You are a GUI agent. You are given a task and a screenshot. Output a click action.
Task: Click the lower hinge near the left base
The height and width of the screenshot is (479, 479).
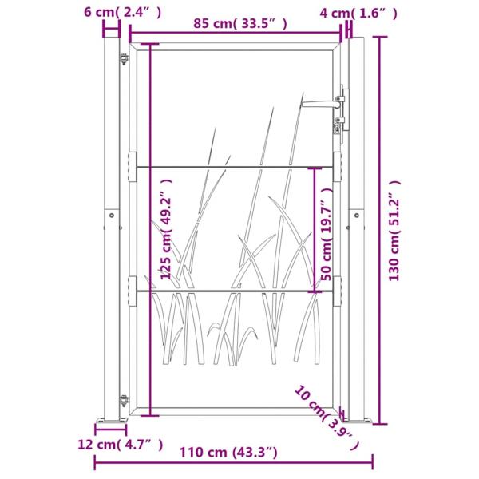point(124,399)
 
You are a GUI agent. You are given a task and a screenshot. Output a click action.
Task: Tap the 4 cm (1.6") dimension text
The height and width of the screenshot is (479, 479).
point(358,13)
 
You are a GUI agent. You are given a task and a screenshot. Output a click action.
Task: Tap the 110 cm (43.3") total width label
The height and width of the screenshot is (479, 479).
point(232,453)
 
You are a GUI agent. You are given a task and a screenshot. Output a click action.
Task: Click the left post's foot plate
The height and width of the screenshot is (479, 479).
point(112,421)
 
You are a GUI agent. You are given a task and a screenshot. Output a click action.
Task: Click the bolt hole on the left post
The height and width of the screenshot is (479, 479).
point(112,216)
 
